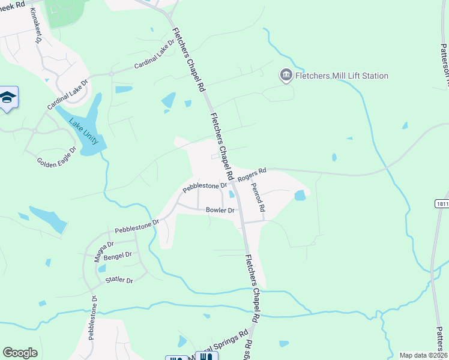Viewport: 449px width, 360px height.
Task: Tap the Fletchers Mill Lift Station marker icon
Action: pos(286,76)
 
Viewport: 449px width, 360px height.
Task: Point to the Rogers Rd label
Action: pos(251,175)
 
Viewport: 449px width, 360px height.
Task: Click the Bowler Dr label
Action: pos(220,210)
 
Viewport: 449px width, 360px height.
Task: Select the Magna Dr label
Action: pos(103,248)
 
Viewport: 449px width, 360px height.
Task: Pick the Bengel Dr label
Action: pos(118,256)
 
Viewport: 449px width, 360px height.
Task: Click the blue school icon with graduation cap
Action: pos(8,98)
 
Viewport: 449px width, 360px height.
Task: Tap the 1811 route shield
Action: pos(441,204)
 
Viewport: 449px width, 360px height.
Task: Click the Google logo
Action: pos(20,353)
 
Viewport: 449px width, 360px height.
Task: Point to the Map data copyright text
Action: pos(423,355)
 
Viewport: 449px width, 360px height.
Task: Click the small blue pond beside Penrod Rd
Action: pos(300,195)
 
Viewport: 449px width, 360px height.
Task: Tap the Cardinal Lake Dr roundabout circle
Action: pos(111,74)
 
